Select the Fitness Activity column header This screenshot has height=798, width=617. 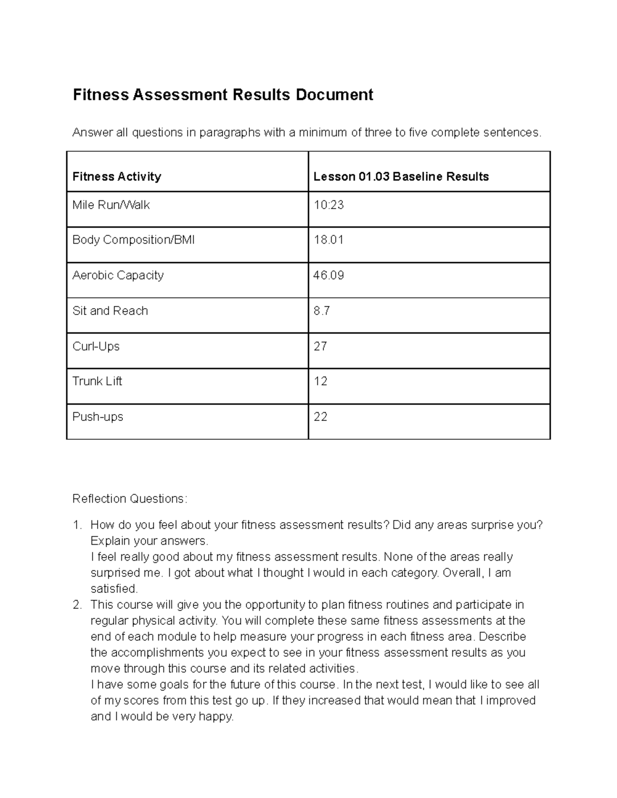tap(117, 177)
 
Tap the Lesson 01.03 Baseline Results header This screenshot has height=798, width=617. tap(401, 177)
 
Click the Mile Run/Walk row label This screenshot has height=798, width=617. tap(111, 205)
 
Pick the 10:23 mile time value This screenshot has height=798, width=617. tap(329, 205)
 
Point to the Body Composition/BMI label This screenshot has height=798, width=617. tap(134, 240)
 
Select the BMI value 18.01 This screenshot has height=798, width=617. tap(329, 240)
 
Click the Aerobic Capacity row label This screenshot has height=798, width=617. tap(118, 275)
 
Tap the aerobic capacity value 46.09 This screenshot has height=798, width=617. tap(329, 275)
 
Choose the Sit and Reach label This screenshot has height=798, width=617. tap(110, 311)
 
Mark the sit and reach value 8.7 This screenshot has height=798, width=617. tap(322, 311)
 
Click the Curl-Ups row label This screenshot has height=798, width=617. tap(96, 346)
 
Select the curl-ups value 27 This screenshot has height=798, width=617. tap(320, 346)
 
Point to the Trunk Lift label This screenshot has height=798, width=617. tap(97, 381)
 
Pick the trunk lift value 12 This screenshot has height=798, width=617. tap(320, 381)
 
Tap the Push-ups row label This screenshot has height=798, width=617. tap(98, 417)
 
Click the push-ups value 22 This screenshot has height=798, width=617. tap(320, 417)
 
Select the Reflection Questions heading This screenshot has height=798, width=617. tap(130, 499)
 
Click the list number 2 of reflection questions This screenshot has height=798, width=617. tap(77, 605)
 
